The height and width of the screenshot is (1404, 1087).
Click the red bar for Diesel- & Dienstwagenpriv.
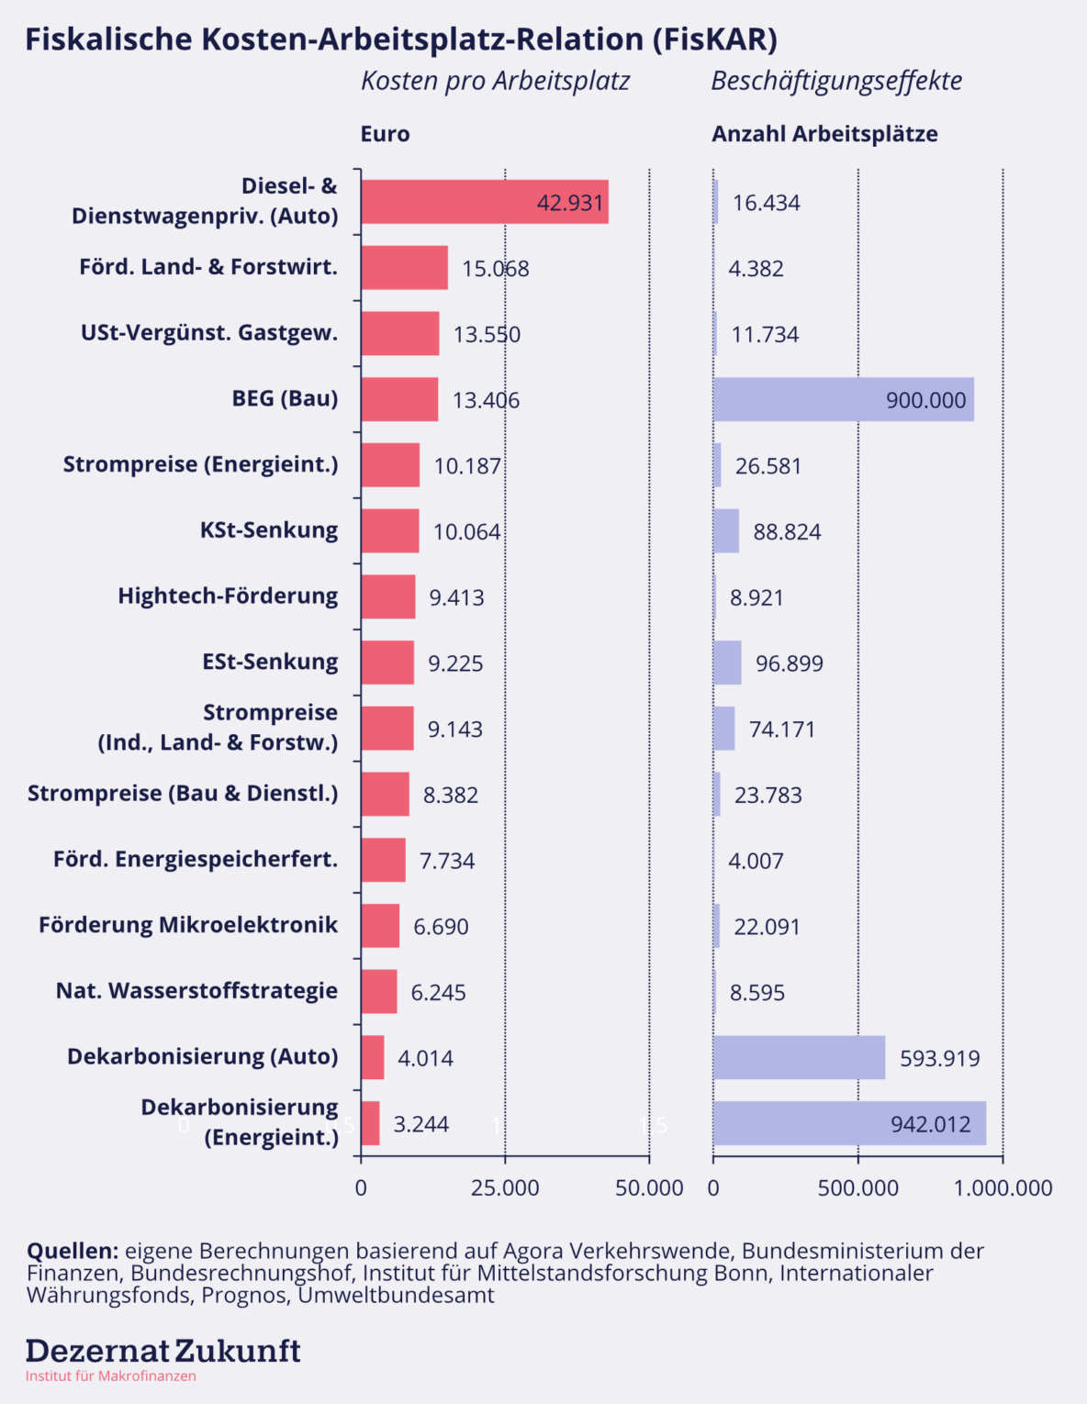tap(484, 202)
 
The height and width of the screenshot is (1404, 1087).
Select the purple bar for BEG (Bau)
tap(843, 399)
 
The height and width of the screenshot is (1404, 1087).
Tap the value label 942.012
tap(930, 1124)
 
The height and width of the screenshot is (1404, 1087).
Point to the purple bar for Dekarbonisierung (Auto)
tap(799, 1057)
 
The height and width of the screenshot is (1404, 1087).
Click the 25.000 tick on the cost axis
tap(505, 1187)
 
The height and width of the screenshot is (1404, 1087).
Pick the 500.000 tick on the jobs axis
tap(858, 1187)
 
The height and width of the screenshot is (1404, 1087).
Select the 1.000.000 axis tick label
tap(1003, 1187)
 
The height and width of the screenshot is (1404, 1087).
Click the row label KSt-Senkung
tap(269, 530)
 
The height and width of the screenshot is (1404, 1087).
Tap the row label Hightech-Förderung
tap(228, 596)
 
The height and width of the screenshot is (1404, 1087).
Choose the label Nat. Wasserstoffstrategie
tap(196, 991)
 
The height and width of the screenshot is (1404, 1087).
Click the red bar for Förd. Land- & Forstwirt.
tap(404, 268)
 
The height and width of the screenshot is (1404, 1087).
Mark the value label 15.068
tap(496, 269)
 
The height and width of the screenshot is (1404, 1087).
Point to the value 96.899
tap(790, 663)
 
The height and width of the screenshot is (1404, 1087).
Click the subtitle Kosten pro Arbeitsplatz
tap(495, 81)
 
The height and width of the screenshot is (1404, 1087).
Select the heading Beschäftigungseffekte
tap(836, 81)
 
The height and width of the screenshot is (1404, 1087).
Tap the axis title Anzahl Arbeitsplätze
tap(824, 134)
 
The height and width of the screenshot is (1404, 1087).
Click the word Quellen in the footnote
tap(73, 1251)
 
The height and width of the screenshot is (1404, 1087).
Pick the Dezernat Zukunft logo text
tap(162, 1351)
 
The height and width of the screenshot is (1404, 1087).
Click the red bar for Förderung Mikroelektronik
tap(380, 925)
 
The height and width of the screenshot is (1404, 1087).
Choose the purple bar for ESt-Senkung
tap(727, 663)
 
